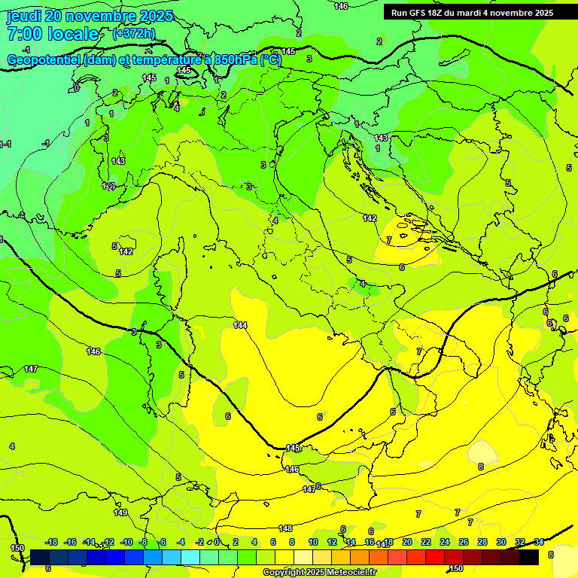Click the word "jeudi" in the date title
click(x=25, y=17)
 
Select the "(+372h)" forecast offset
click(x=133, y=33)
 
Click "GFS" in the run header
click(x=417, y=13)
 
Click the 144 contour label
click(x=240, y=325)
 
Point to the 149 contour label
click(x=120, y=513)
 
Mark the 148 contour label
click(x=285, y=528)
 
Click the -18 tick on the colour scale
click(x=52, y=542)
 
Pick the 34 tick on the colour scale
click(x=539, y=542)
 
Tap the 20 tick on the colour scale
click(x=406, y=542)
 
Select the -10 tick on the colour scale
click(x=126, y=542)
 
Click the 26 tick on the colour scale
click(x=463, y=542)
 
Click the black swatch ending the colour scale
click(x=529, y=557)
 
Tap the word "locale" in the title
click(x=71, y=34)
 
